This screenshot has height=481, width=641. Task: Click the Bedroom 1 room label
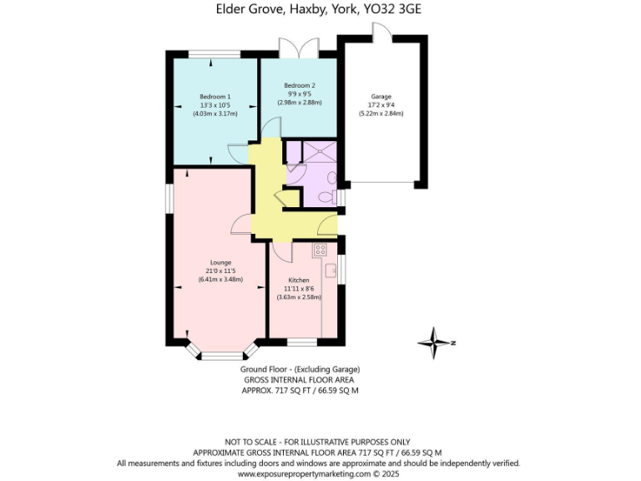215,97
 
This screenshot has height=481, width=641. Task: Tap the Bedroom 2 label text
299,86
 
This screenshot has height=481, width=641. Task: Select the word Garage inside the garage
381,97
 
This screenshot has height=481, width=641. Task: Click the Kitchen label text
299,280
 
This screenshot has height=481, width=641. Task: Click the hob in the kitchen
320,249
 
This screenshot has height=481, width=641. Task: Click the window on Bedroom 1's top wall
215,55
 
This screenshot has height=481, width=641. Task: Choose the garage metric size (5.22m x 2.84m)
381,114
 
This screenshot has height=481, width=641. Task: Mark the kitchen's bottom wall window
302,341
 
